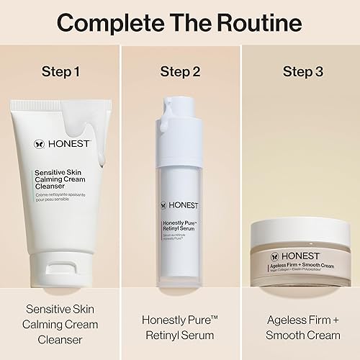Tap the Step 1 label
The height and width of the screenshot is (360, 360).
coord(60,71)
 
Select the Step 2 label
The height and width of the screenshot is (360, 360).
coord(179,71)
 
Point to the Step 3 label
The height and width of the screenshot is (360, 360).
coord(300,71)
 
